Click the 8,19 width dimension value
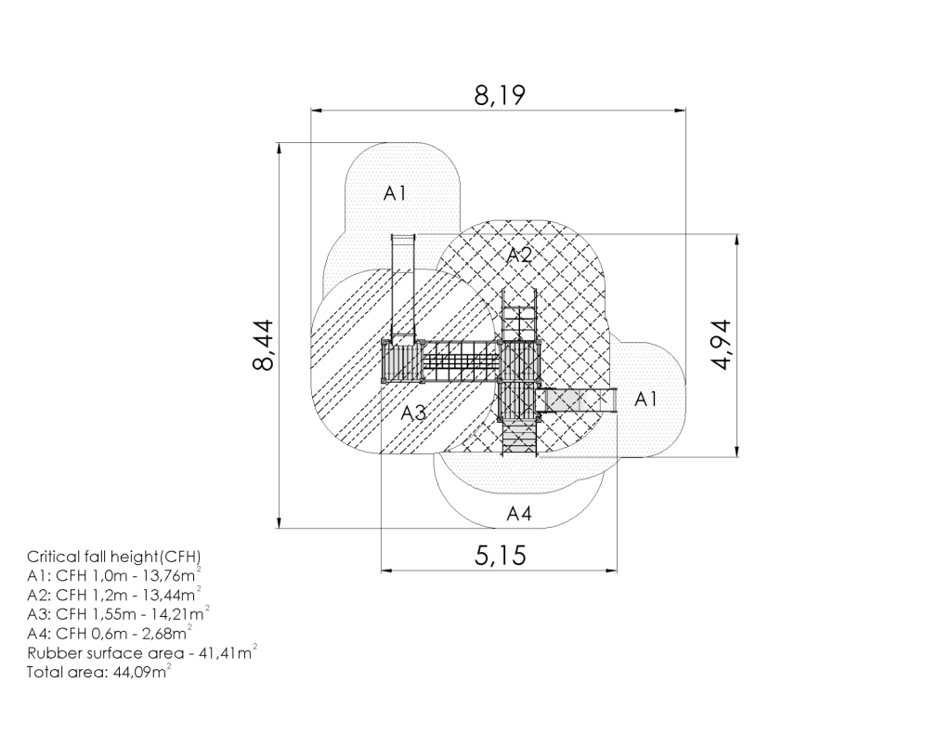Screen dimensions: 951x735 (x=499, y=96)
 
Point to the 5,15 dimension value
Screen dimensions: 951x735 (x=500, y=556)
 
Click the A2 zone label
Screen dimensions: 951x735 (x=519, y=255)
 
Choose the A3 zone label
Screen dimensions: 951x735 (x=413, y=413)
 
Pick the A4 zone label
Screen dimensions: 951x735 (x=519, y=514)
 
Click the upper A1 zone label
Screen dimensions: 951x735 (x=394, y=193)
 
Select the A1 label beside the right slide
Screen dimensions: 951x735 (x=645, y=400)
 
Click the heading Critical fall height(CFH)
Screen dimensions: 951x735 (x=113, y=557)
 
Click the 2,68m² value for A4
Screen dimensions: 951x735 (x=166, y=633)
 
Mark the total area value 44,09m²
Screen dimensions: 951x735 (x=142, y=671)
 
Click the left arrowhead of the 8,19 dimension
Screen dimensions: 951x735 (x=316, y=111)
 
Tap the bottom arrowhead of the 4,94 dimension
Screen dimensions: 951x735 (x=736, y=453)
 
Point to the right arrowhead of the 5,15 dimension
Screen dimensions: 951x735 (x=613, y=571)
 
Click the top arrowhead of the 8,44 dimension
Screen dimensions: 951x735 (x=279, y=148)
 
